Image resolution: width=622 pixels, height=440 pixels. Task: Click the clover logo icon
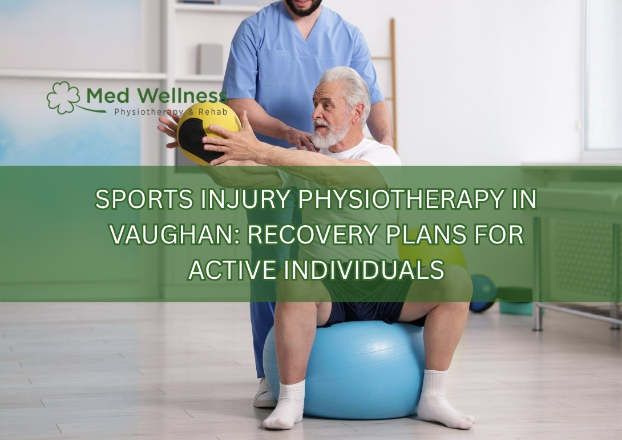tap(63, 98)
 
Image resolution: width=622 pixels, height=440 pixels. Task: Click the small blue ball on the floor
tap(483, 293)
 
